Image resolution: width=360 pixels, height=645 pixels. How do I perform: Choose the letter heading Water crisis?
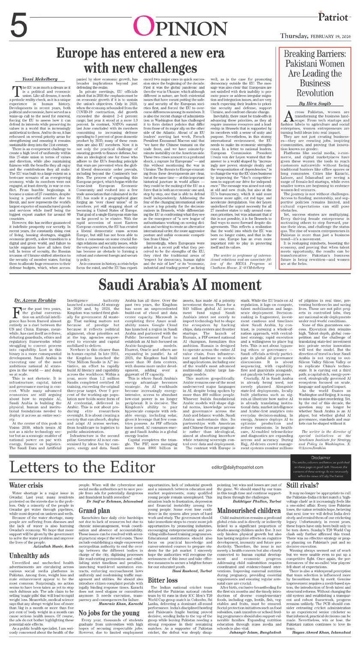(26, 485)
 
